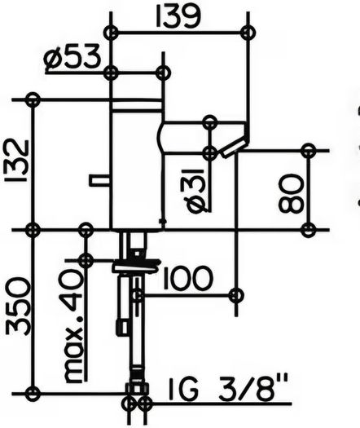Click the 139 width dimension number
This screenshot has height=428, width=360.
point(178,16)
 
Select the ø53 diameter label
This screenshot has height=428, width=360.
point(72,57)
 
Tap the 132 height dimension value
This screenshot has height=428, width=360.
point(17,161)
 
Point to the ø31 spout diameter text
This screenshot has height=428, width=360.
point(195,190)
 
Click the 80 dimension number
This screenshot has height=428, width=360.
point(291,193)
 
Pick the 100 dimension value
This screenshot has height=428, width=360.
point(187,278)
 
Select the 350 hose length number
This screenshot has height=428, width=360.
point(17,306)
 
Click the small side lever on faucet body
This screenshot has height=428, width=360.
point(99,181)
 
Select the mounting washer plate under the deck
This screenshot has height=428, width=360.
point(136,267)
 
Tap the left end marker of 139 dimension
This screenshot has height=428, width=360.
point(111,33)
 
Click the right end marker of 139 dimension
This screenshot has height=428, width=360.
point(248,33)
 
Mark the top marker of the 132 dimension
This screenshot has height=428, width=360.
point(33,99)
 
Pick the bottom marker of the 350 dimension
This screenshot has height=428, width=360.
point(33,394)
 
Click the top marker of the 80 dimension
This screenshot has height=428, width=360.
point(309,150)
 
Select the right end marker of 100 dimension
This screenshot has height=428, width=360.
point(236,295)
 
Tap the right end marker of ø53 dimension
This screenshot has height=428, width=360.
point(164,73)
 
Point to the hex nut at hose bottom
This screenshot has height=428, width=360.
point(137,389)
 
